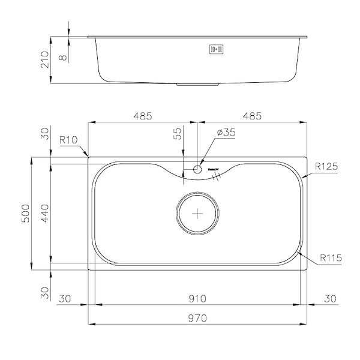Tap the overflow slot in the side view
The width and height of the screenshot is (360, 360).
click(x=216, y=50)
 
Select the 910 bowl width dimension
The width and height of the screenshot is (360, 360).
click(x=197, y=298)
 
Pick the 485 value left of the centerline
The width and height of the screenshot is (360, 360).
click(x=142, y=116)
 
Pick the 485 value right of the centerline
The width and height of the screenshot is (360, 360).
click(x=251, y=116)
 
